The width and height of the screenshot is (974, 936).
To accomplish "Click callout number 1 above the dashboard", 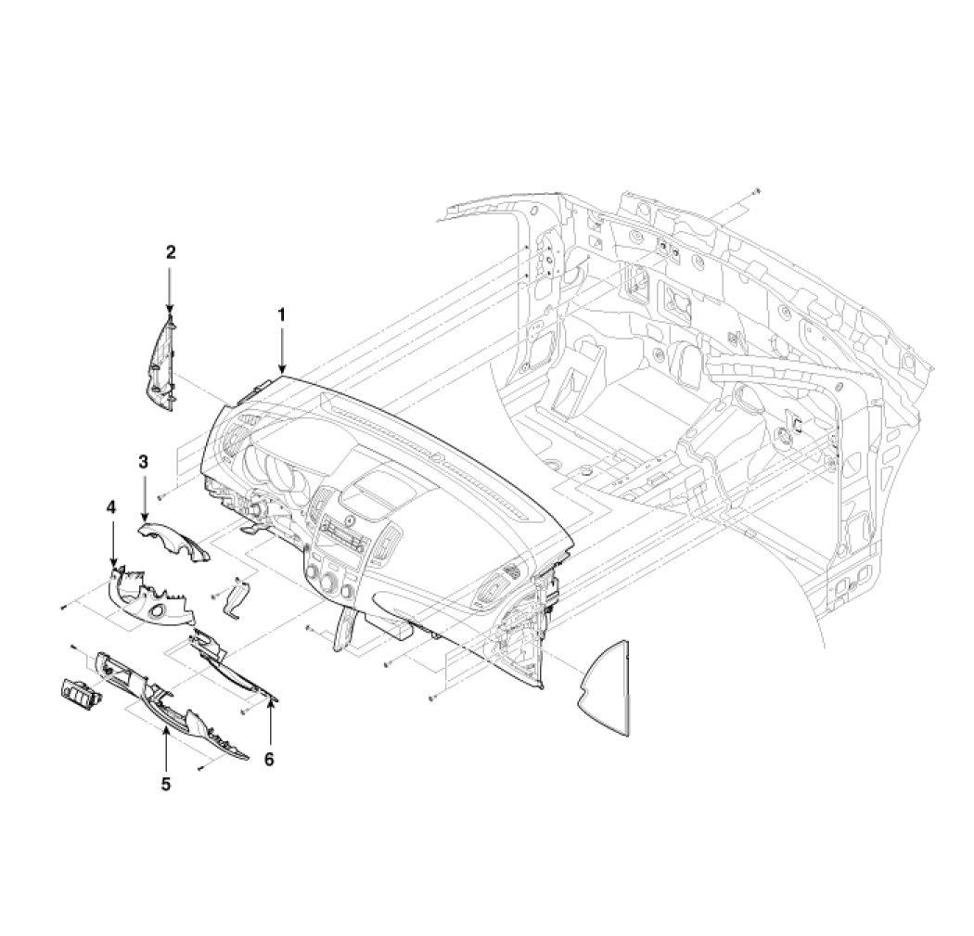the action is point(281,314).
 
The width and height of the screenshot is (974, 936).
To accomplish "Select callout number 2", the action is point(170,252).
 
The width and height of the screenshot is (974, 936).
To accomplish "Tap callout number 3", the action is point(144,462).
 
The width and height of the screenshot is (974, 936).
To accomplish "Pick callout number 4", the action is point(111,507).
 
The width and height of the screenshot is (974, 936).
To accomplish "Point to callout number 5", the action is point(166,785).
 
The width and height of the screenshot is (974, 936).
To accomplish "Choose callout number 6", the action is point(269,759).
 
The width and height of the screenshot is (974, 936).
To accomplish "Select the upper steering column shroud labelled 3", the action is point(174,541).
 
